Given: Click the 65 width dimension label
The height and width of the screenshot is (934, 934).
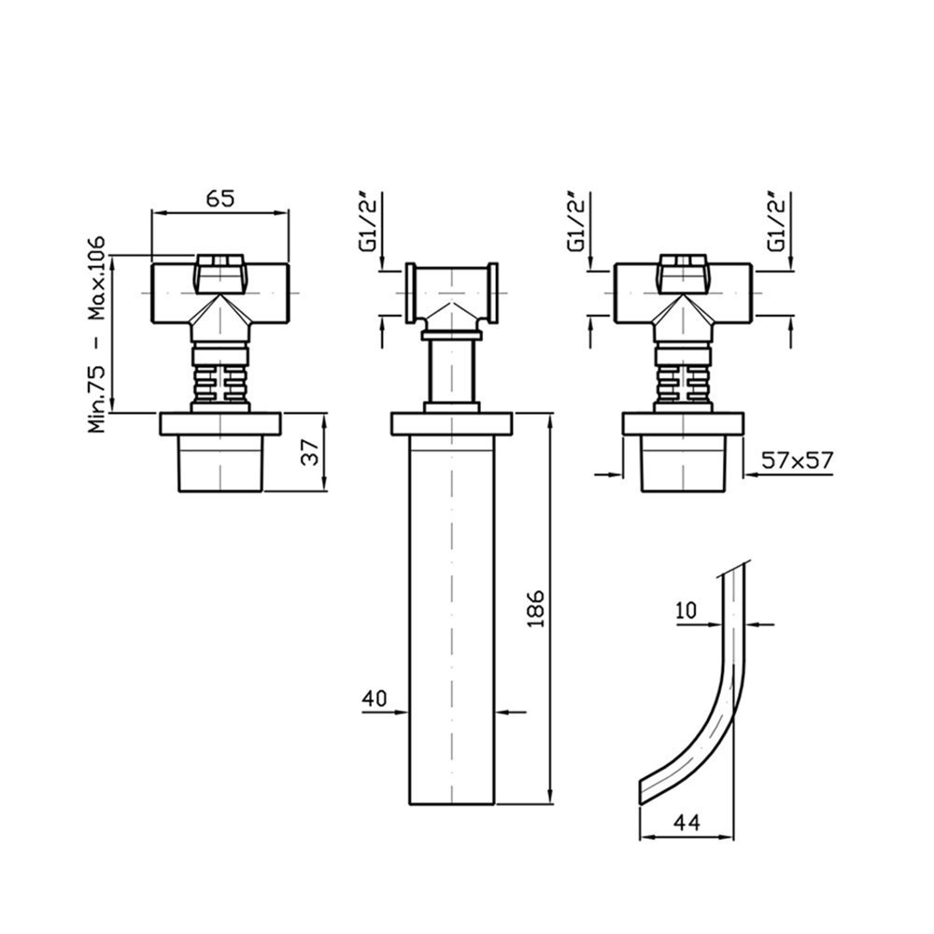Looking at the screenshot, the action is pos(221,198).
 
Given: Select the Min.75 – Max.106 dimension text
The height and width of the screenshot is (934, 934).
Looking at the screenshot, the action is pos(96,334).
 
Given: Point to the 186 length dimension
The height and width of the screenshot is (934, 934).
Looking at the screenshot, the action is pos(536,608).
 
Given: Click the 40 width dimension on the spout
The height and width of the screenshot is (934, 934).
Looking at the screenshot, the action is pos(375,698).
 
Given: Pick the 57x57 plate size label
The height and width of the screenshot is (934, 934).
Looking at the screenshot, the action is pos(797,460).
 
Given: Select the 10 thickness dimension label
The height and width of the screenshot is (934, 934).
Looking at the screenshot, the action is pos(686,611).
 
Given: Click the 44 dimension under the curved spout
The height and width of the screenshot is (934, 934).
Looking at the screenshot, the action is pos(686,823).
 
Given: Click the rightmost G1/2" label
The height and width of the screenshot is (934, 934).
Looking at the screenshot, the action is pos(776,222).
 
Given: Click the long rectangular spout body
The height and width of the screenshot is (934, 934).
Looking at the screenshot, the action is pos(452,619).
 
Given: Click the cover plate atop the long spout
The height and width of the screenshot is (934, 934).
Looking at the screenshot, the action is pos(451,423).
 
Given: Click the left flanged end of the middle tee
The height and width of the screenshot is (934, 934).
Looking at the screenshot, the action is pos(410,293).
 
